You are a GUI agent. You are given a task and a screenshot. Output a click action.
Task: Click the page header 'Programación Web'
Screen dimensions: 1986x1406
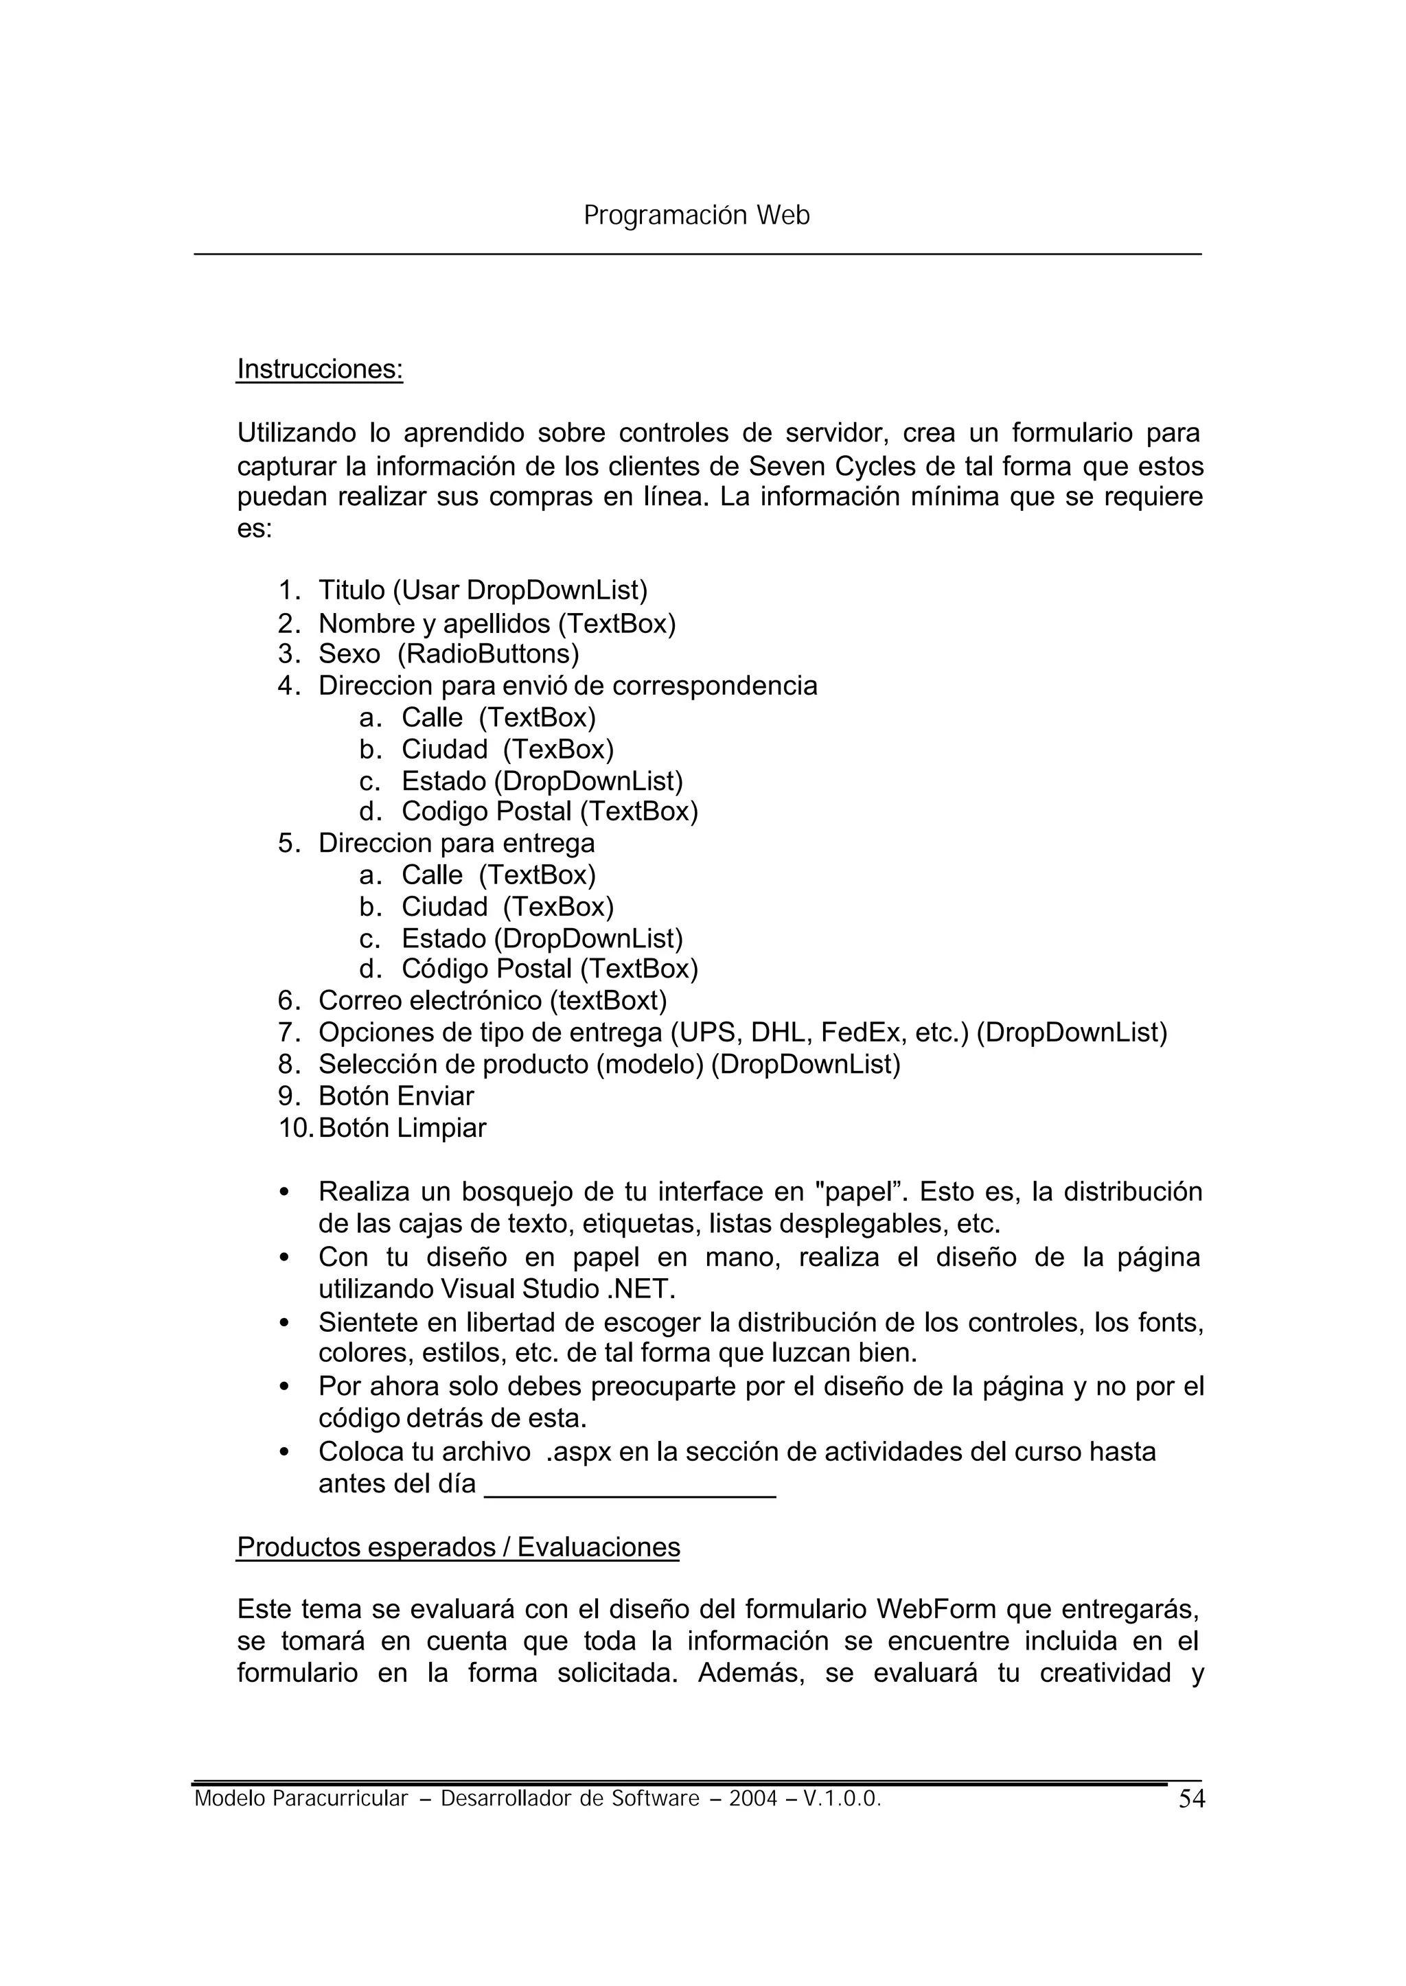pyautogui.click(x=696, y=215)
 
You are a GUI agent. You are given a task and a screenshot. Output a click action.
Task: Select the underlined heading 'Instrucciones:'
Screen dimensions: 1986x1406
pyautogui.click(x=319, y=369)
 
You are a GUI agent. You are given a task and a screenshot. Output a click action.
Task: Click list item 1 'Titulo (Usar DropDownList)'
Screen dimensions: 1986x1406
pyautogui.click(x=482, y=590)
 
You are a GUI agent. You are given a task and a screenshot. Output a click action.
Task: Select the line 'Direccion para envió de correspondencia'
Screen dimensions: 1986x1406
pyautogui.click(x=567, y=686)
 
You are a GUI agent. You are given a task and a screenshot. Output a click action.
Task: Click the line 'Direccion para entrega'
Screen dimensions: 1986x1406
pyautogui.click(x=457, y=843)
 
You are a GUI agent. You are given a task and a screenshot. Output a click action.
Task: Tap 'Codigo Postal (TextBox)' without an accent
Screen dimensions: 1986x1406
pyautogui.click(x=549, y=811)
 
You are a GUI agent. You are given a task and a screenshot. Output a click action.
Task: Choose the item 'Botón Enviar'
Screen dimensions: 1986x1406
pyautogui.click(x=395, y=1096)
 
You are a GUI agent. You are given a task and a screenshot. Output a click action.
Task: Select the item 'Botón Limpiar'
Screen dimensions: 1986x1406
pyautogui.click(x=402, y=1128)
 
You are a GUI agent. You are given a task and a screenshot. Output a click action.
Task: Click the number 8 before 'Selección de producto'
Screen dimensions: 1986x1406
pyautogui.click(x=288, y=1064)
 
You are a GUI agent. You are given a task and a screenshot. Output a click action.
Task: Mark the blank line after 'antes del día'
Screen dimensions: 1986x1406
pyautogui.click(x=630, y=1486)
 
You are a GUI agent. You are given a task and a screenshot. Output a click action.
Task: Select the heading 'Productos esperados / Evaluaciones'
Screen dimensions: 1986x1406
pyautogui.click(x=458, y=1547)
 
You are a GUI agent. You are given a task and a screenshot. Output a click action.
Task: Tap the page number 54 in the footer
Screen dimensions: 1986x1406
pyautogui.click(x=1190, y=1800)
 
